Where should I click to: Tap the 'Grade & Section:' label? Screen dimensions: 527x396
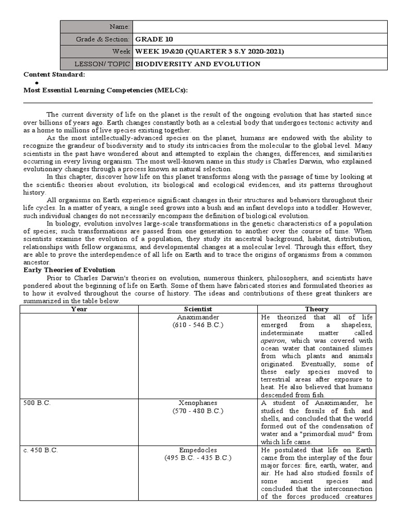click(x=103, y=39)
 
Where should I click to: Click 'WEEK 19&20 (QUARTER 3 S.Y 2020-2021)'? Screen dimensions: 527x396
click(x=209, y=51)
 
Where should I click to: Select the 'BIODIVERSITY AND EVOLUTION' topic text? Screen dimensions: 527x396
click(x=197, y=64)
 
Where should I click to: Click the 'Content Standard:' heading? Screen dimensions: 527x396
click(x=54, y=75)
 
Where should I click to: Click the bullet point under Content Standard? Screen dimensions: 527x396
click(x=37, y=83)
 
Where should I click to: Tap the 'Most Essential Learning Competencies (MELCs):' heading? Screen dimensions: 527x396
click(x=106, y=91)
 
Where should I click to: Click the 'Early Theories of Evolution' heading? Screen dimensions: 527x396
click(x=70, y=270)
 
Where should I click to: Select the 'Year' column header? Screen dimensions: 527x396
click(x=79, y=309)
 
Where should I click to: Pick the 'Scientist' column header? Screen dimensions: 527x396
click(x=198, y=309)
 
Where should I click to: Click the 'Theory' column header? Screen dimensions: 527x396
click(x=317, y=309)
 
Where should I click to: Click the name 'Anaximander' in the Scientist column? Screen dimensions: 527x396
click(x=198, y=317)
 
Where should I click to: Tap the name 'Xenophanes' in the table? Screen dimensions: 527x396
click(x=198, y=402)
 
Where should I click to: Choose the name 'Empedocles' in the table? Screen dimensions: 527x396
click(x=198, y=449)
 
